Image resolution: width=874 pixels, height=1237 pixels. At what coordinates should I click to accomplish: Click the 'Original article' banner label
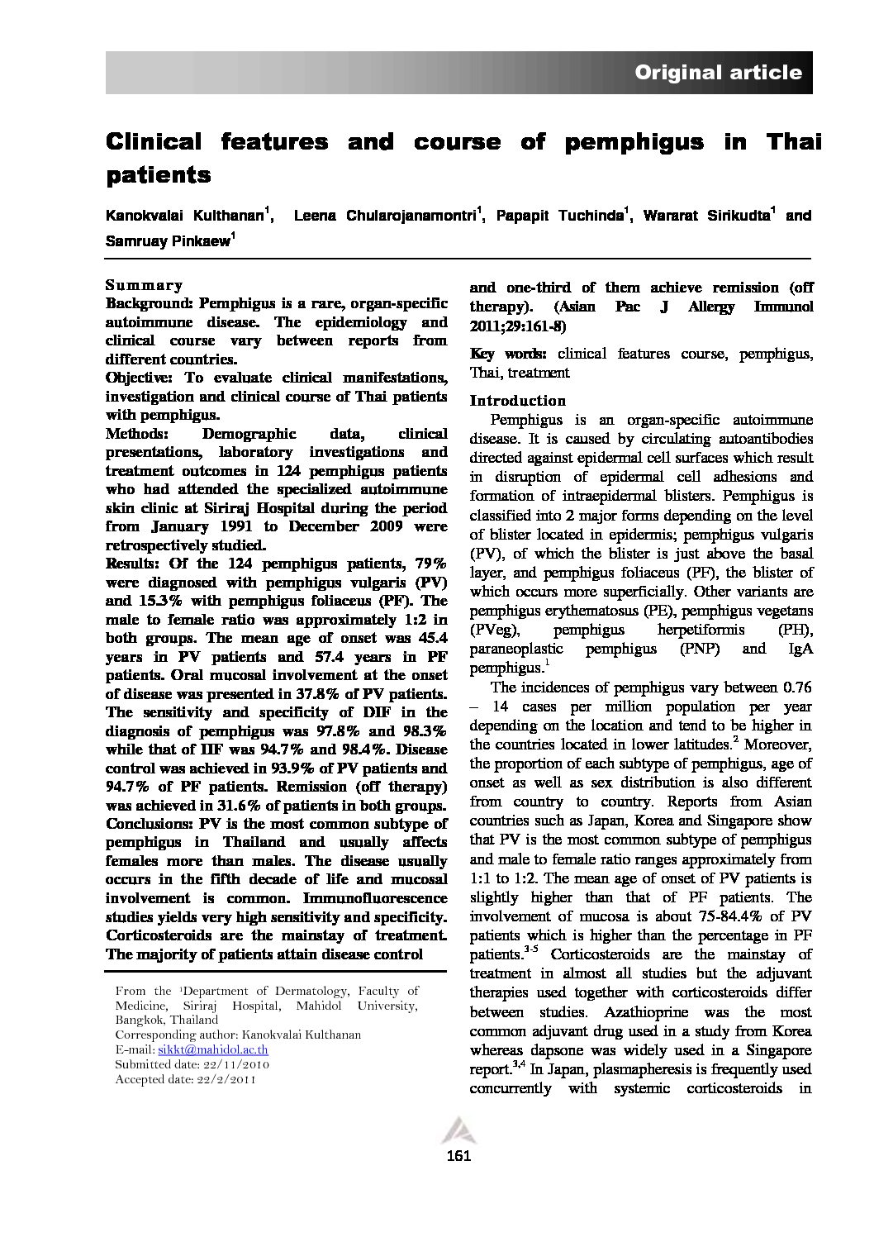717,73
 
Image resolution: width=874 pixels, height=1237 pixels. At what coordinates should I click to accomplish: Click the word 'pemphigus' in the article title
634,142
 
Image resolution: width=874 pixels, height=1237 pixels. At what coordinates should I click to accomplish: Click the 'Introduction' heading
517,401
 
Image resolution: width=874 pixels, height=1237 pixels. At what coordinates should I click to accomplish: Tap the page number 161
458,1155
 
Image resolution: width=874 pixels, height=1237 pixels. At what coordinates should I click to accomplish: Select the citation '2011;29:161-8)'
518,326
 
